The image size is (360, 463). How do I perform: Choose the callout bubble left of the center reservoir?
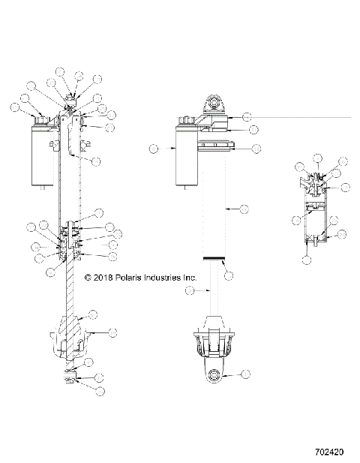(154, 149)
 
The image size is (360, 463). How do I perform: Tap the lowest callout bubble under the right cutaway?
(306, 260)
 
